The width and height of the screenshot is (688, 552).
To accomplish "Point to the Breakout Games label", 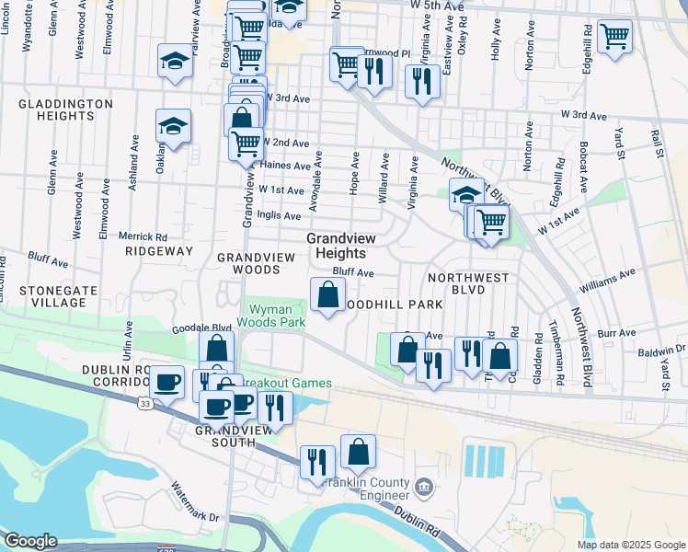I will [x=285, y=384].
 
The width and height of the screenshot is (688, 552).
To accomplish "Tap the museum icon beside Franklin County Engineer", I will [x=423, y=485].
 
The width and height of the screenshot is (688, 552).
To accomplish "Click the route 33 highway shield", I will [x=146, y=403].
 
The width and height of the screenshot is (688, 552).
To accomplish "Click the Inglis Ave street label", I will [x=280, y=216].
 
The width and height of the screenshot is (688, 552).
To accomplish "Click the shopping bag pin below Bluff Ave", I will [x=327, y=295].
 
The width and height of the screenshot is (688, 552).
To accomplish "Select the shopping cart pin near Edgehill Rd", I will [x=614, y=38].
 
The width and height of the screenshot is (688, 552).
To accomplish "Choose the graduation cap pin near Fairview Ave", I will [x=173, y=62].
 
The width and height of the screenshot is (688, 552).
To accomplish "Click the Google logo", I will [x=29, y=541].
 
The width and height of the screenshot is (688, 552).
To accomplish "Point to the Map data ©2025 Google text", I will [x=631, y=545].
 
